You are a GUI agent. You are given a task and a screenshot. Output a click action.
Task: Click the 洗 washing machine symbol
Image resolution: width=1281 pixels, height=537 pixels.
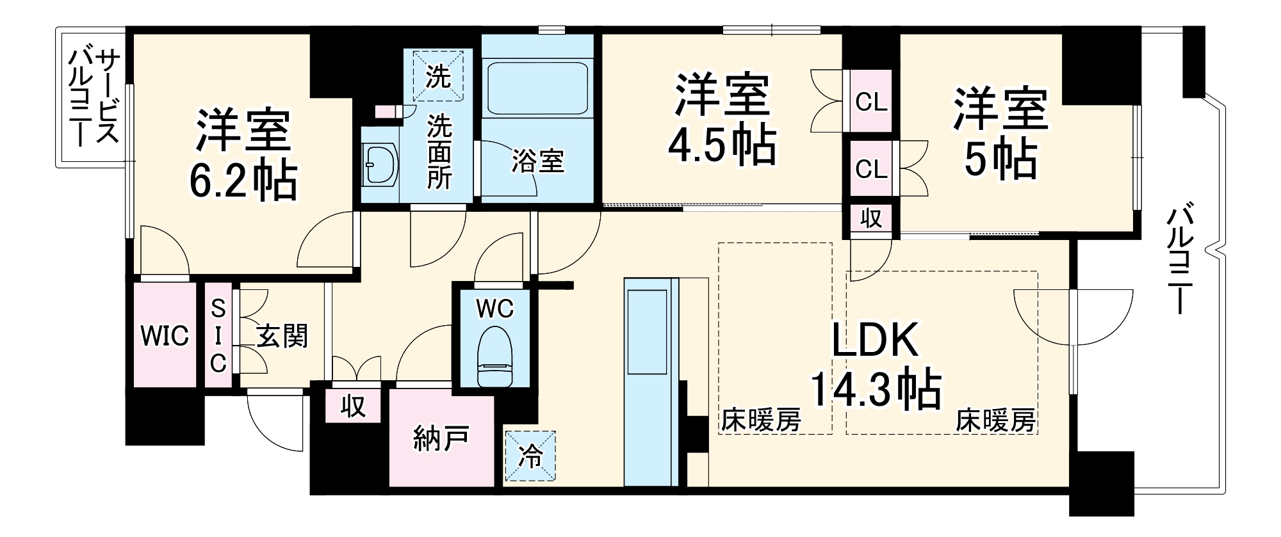(439, 76)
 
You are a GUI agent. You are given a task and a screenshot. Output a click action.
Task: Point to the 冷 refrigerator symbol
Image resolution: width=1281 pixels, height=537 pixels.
(530, 456)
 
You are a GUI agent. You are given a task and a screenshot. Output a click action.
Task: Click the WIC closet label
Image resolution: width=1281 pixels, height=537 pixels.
(165, 335)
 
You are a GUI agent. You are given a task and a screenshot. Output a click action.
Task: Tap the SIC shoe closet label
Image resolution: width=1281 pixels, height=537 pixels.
(218, 336)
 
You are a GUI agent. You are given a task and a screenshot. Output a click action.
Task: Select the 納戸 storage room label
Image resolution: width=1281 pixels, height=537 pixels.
(441, 438)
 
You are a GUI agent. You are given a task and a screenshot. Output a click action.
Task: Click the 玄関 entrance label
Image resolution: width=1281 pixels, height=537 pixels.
(282, 336)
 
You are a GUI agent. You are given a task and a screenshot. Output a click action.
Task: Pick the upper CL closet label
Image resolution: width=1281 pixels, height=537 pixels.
(871, 102)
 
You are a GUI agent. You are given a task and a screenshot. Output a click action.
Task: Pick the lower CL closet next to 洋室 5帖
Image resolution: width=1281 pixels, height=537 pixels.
(871, 169)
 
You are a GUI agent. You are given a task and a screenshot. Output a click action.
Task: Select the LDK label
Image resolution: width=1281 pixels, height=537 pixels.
(875, 340)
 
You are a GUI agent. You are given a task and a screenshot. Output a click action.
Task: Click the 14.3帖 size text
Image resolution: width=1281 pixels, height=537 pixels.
(875, 389)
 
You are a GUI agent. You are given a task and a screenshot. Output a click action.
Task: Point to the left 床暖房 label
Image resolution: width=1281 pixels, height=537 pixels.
(761, 421)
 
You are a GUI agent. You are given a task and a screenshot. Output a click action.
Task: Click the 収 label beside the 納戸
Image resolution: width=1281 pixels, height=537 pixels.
(352, 405)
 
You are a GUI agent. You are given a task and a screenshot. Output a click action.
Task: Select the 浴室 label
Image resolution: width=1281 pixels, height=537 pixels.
(537, 161)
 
